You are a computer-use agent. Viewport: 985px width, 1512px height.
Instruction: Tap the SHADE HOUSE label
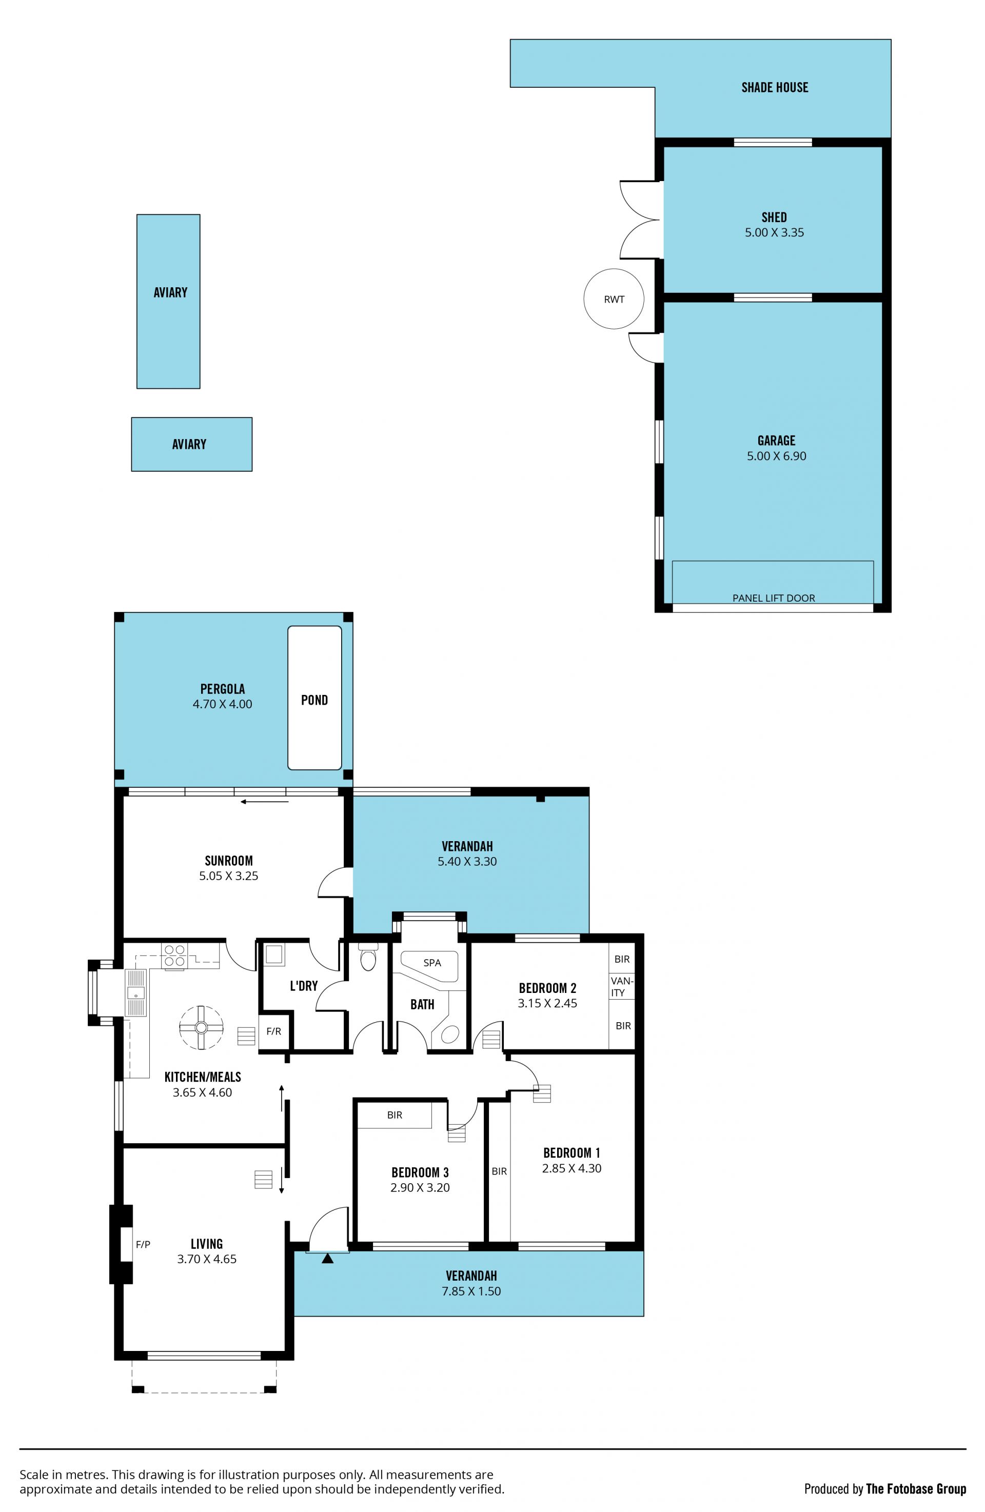pos(775,88)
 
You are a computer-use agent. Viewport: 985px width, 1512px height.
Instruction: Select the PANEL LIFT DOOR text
pos(774,598)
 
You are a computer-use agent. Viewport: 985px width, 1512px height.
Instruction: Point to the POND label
pos(314,700)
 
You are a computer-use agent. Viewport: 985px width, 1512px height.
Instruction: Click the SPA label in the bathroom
pos(432,963)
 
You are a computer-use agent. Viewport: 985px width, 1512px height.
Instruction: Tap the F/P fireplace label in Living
pos(143,1245)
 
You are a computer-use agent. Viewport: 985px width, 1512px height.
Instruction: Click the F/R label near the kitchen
pos(273,1031)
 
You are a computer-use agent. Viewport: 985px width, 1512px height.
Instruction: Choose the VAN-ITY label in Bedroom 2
pos(621,987)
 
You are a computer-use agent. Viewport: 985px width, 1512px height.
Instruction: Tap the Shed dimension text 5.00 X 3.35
pos(774,232)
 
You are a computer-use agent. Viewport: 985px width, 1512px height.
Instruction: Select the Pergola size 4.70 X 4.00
pos(223,704)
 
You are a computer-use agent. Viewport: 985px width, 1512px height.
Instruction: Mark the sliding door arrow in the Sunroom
pos(265,802)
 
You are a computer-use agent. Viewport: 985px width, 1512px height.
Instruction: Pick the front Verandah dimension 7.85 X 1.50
pos(471,1291)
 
